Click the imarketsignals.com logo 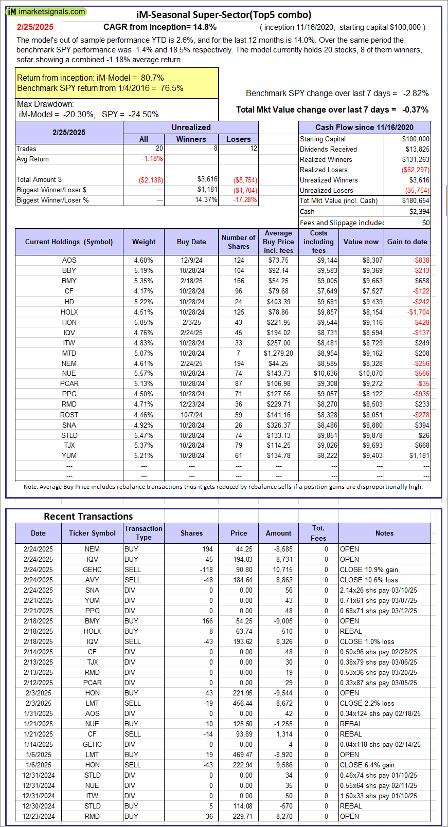coord(46,11)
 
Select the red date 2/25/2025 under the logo coord(35,27)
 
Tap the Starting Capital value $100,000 coord(416,139)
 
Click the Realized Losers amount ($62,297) coord(415,170)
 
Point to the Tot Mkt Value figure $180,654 coord(415,200)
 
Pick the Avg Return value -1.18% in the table coord(152,159)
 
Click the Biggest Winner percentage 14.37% coord(206,200)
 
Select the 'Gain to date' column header coord(407,242)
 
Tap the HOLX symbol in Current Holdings coord(69,312)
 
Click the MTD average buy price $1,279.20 coord(278,353)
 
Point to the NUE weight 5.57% coord(144,374)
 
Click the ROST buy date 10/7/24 coord(191,415)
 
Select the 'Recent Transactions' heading coord(88,517)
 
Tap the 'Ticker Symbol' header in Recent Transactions coord(92,533)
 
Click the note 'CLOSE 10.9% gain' coord(369,569)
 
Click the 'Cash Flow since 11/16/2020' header coord(364,127)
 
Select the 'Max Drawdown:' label coord(45,104)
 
